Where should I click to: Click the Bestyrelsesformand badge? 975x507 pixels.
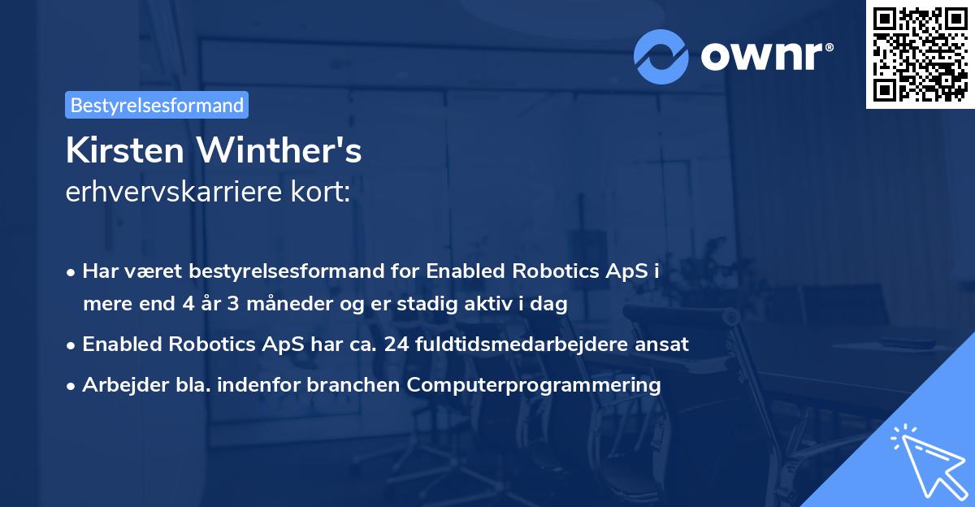(157, 105)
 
